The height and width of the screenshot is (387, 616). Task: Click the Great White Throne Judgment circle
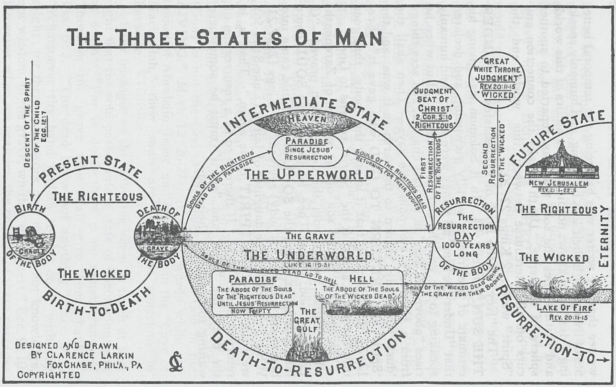click(x=497, y=78)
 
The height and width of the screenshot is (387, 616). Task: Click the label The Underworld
click(x=308, y=255)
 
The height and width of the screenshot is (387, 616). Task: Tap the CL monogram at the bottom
click(x=175, y=363)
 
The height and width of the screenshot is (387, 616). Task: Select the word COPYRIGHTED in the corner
click(x=49, y=375)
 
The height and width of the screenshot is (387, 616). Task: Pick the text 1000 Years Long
click(x=465, y=250)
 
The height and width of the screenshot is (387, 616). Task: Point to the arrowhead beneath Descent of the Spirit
click(x=31, y=199)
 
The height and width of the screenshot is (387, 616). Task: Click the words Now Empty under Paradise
click(x=251, y=310)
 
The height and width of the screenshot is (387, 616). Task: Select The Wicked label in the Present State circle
click(x=94, y=274)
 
